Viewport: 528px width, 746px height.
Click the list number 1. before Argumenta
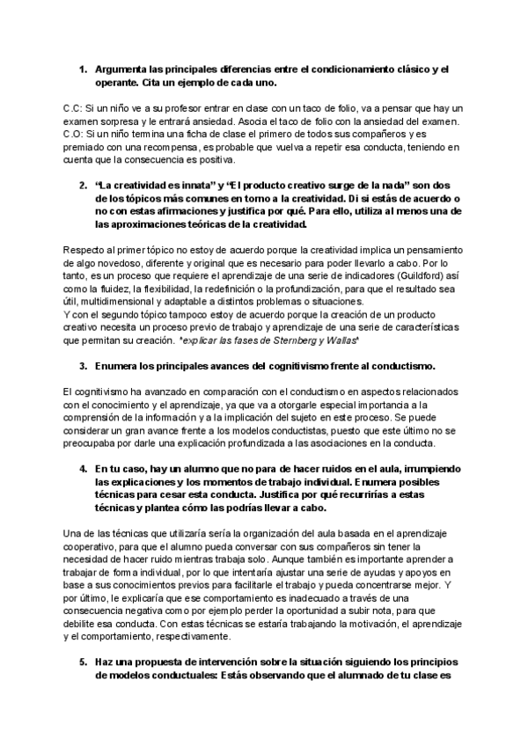click(83, 69)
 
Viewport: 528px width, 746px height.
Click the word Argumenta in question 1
click(121, 69)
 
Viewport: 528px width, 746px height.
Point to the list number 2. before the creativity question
click(83, 186)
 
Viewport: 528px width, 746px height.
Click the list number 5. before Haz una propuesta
click(83, 662)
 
